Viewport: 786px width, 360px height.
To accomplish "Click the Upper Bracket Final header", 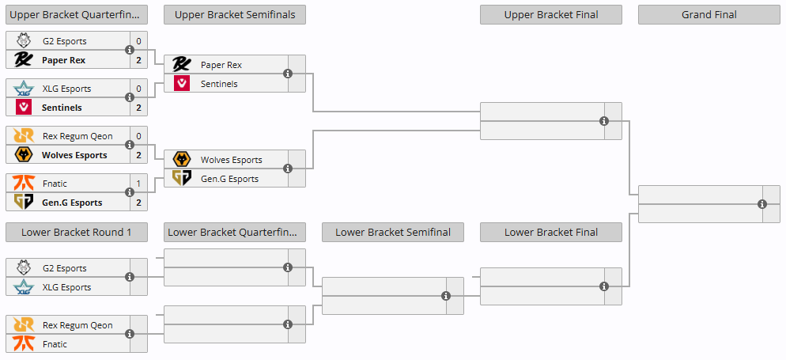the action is [551, 14].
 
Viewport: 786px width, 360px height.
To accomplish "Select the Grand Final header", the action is [709, 14].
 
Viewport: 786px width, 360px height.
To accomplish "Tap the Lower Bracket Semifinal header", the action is [393, 232].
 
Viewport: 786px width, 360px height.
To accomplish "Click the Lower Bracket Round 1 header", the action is [77, 232].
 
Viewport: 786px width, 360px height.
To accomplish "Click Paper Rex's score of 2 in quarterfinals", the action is [139, 60].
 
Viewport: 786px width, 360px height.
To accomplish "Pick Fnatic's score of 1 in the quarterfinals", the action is [139, 184].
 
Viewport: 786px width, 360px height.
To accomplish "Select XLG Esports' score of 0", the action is [139, 89].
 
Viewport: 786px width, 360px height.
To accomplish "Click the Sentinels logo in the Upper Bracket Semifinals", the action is [181, 83].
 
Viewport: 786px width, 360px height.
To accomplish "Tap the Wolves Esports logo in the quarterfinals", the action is [24, 155].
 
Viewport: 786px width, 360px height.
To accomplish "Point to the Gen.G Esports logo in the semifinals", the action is [181, 179].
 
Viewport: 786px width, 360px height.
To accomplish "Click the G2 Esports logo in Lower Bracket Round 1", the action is [24, 267].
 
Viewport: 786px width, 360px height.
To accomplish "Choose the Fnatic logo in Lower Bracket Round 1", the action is [24, 344].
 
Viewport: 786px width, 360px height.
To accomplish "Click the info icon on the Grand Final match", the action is [762, 204].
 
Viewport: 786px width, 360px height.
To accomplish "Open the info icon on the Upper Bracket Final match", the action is [604, 121].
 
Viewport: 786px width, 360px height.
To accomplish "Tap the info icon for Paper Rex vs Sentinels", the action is [288, 74].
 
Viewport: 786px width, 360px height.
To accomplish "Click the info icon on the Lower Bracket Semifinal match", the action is [446, 296].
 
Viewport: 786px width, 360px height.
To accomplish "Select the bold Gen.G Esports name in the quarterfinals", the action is [72, 203].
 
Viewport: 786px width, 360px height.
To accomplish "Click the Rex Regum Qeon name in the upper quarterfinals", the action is [77, 136].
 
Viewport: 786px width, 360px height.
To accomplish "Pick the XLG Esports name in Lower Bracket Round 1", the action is [67, 287].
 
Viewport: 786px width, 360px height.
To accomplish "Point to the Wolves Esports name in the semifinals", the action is [232, 160].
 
